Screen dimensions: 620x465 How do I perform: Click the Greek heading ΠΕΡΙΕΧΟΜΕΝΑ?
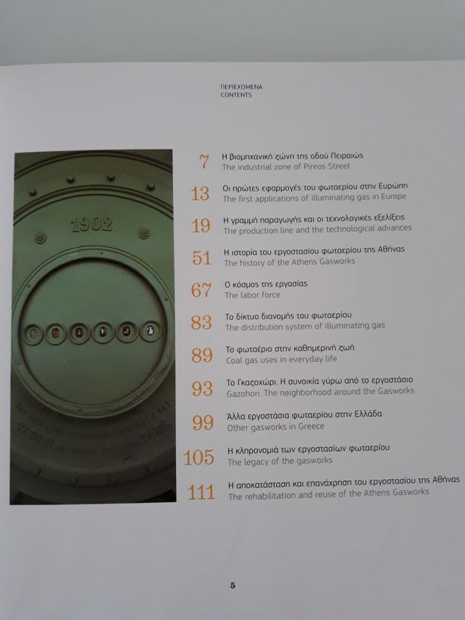pyautogui.click(x=240, y=86)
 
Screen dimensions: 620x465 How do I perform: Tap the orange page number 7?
pyautogui.click(x=203, y=161)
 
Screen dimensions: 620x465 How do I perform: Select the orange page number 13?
pyautogui.click(x=200, y=193)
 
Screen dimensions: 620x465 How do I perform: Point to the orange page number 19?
pyautogui.click(x=201, y=225)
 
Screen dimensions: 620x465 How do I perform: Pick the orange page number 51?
pyautogui.click(x=201, y=257)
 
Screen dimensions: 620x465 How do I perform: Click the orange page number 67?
pyautogui.click(x=201, y=290)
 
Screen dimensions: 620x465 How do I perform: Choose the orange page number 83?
pyautogui.click(x=201, y=322)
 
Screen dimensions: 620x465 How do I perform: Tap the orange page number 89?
pyautogui.click(x=201, y=354)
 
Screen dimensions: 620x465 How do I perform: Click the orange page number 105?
pyautogui.click(x=199, y=456)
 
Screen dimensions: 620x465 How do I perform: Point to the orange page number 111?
pyautogui.click(x=201, y=491)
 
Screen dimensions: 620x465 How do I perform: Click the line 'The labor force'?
pyautogui.click(x=251, y=296)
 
